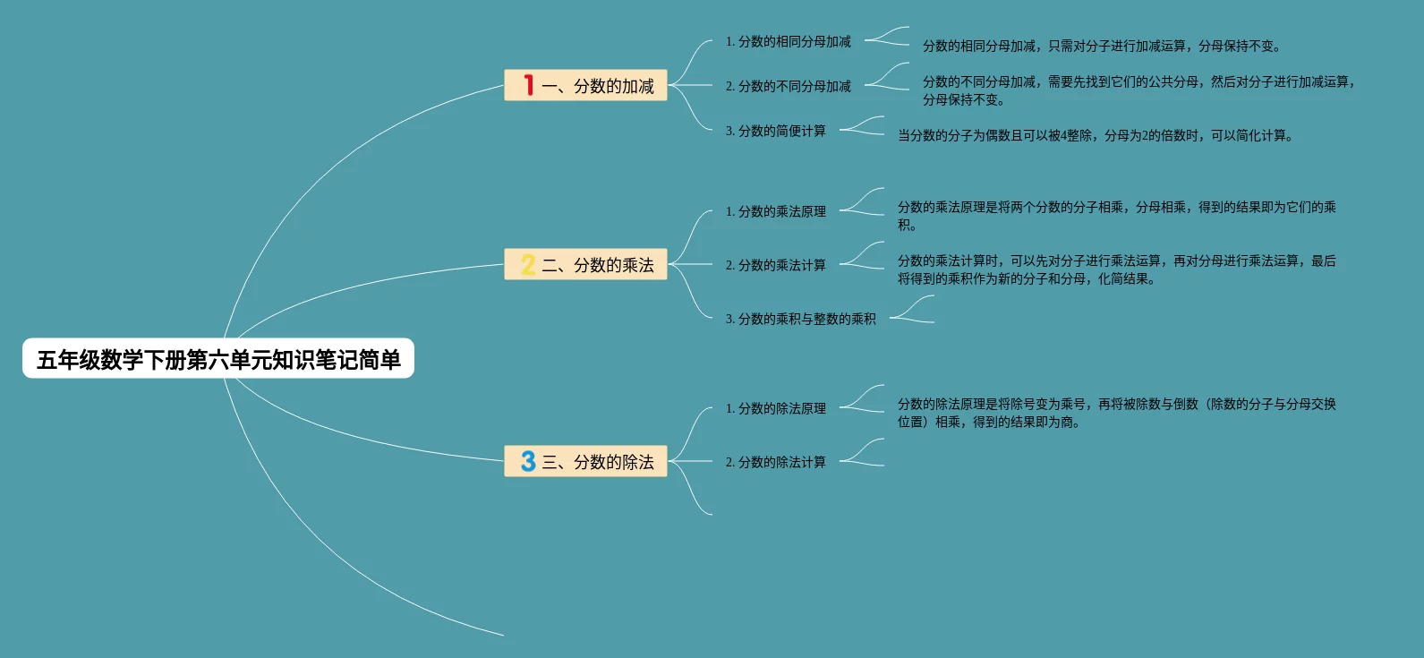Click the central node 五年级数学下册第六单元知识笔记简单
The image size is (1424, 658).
coord(218,359)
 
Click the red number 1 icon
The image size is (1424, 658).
coord(529,85)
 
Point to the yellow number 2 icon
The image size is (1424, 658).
coord(528,265)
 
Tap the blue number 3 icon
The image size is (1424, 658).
coord(528,462)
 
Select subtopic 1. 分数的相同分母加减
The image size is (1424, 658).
coord(788,41)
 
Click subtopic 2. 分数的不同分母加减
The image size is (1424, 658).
coord(788,86)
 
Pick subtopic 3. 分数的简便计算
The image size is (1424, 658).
coord(775,131)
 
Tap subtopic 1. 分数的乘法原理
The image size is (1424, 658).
coord(775,211)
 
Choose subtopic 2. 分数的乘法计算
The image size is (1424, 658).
coord(775,265)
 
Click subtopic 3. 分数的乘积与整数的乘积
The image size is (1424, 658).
coord(800,319)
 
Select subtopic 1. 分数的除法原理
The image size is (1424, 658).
coord(775,408)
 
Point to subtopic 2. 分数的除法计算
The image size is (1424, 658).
coord(775,462)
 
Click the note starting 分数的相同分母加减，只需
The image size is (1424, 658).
coord(1101,46)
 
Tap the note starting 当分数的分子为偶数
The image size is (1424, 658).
coord(1095,135)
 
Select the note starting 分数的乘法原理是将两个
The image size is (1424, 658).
coord(1116,215)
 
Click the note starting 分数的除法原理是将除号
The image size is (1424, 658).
coord(1116,412)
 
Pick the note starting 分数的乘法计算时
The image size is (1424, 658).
coord(1116,269)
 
